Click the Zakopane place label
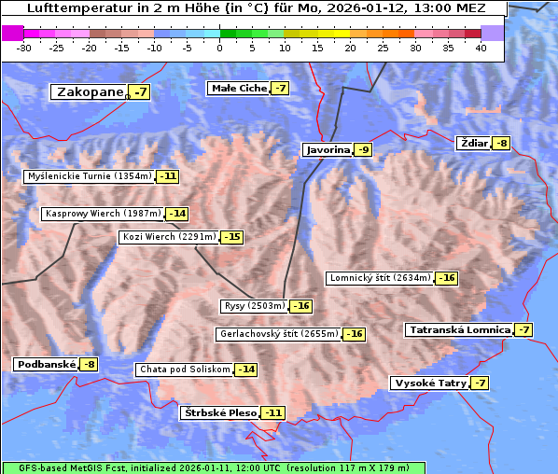(x=90, y=92)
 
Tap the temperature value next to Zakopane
(x=140, y=92)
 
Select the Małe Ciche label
(x=239, y=89)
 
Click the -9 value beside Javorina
(x=363, y=150)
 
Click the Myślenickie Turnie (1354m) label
(x=90, y=176)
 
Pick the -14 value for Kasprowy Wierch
(x=176, y=214)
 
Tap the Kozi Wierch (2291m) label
(x=169, y=237)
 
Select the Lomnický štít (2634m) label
(x=380, y=278)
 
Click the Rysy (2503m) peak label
(x=254, y=306)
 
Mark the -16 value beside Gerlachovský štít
(x=355, y=334)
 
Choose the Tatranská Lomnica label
(x=459, y=330)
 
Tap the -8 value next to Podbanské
(x=89, y=365)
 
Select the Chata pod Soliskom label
(x=183, y=369)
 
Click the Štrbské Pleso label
(x=220, y=412)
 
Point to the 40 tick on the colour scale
(x=481, y=48)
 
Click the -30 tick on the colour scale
(x=24, y=48)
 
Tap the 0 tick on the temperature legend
(x=220, y=48)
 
